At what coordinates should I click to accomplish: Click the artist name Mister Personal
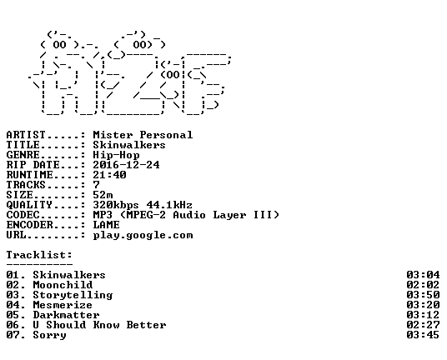(143, 135)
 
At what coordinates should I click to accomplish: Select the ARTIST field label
(26, 135)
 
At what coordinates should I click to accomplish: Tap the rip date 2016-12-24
(126, 165)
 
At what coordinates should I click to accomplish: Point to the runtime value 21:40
(110, 175)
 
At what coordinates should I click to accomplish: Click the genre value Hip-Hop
(116, 155)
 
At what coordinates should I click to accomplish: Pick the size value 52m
(103, 195)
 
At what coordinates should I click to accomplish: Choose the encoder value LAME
(107, 225)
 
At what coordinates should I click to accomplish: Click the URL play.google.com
(143, 235)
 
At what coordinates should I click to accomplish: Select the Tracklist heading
(39, 255)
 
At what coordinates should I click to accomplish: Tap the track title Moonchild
(63, 285)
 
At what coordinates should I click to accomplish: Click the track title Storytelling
(73, 295)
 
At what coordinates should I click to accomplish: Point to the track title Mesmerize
(63, 305)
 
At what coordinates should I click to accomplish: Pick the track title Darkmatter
(66, 315)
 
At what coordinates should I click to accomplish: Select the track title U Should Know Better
(99, 325)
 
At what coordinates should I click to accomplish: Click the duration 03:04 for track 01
(423, 275)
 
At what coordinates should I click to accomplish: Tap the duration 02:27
(423, 325)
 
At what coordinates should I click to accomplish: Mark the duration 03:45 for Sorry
(423, 335)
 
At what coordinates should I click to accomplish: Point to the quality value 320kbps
(116, 205)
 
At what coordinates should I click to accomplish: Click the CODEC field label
(23, 215)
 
